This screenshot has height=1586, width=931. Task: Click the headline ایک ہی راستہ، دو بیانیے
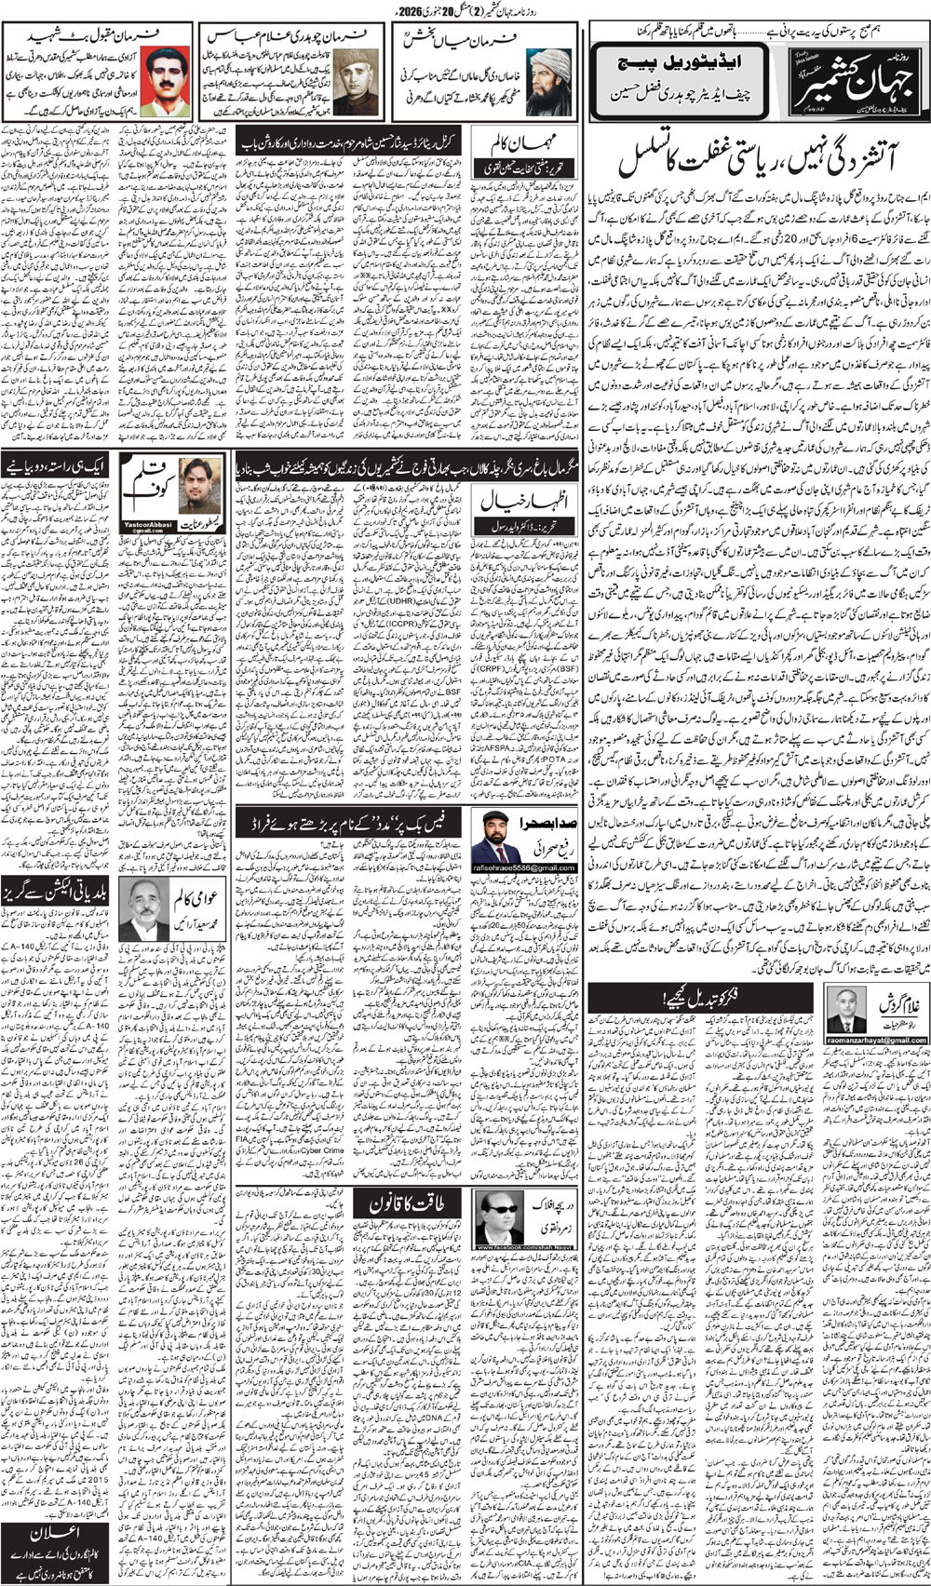[60, 465]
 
